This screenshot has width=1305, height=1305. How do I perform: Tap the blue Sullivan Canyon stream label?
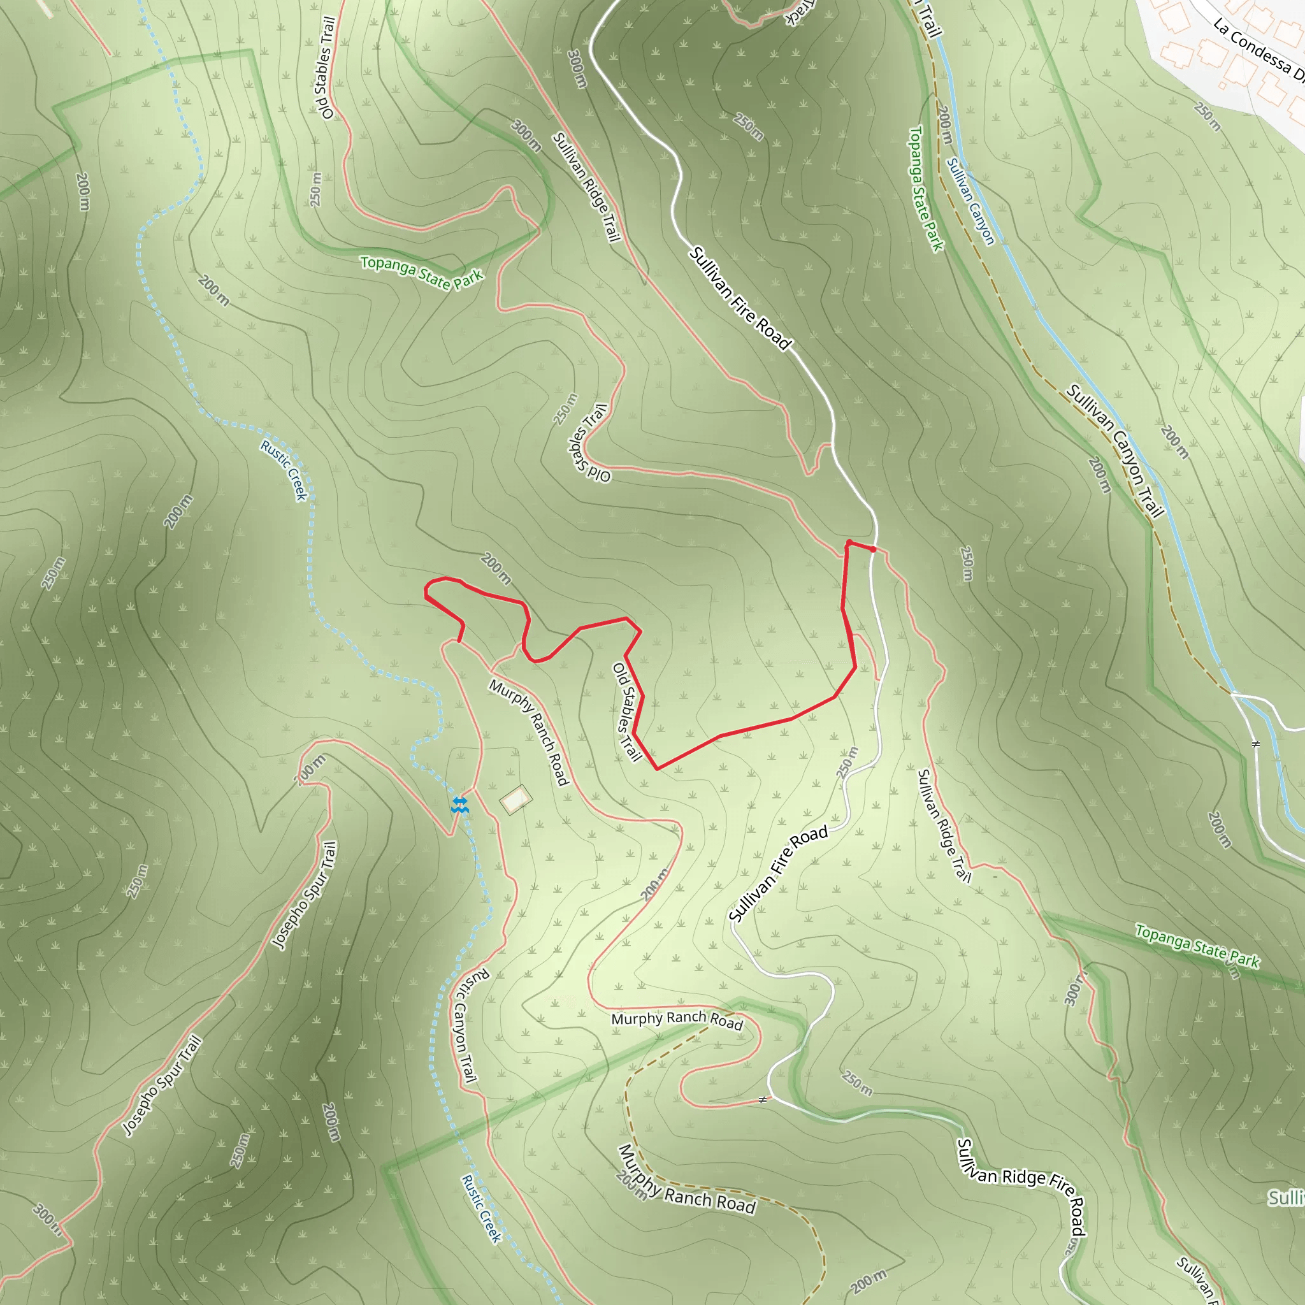970,201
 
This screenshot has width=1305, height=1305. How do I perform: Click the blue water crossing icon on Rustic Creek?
460,804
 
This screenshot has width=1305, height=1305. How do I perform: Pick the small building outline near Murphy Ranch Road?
516,800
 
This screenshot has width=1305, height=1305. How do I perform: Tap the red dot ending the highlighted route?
874,549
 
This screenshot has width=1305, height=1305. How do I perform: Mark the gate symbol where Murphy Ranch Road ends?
763,1100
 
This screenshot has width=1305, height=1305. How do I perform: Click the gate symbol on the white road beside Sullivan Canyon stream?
1256,744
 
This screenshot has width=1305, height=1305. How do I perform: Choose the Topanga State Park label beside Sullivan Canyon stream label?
925,189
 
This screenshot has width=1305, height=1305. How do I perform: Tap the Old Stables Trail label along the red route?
626,711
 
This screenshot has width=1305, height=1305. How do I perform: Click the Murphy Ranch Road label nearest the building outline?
529,732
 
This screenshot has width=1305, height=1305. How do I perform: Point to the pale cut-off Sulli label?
1286,1199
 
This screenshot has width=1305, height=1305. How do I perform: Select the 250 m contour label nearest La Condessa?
1207,116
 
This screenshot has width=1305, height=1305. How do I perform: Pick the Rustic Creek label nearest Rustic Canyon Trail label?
482,1209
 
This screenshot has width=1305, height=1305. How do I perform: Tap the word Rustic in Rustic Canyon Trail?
476,986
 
